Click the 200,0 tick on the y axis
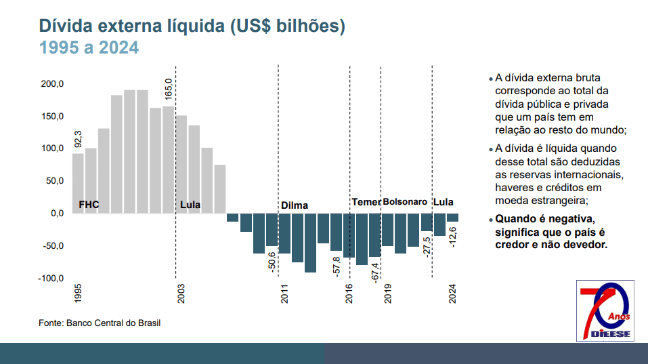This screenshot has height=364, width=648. click(x=52, y=84)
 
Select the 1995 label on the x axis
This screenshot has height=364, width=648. click(x=79, y=293)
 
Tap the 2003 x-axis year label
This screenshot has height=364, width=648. click(x=181, y=293)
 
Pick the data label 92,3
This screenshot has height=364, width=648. click(x=78, y=139)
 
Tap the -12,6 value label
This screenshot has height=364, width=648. click(x=453, y=237)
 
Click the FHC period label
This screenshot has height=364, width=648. click(x=89, y=204)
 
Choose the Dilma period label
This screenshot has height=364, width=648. click(x=295, y=205)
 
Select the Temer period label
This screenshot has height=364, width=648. click(x=366, y=202)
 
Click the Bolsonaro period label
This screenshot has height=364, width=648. click(x=405, y=202)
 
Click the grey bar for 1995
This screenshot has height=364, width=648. click(x=78, y=183)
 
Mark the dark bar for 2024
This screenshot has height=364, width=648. click(x=452, y=218)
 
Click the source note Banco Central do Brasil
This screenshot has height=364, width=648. click(x=100, y=323)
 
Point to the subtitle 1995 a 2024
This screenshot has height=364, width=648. click(x=89, y=48)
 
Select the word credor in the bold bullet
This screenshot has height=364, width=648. click(x=512, y=244)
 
